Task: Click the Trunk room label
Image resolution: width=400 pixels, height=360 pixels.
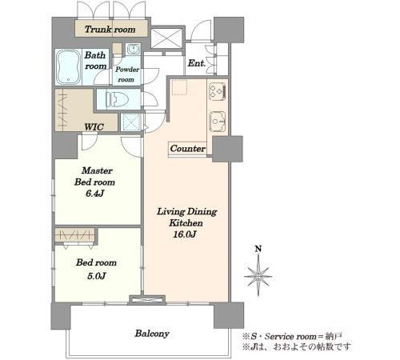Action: coord(110,30)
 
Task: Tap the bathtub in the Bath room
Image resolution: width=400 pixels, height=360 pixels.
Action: coord(69,66)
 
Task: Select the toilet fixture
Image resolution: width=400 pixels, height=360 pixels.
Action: coord(117,100)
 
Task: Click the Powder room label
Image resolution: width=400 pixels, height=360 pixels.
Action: coord(127,74)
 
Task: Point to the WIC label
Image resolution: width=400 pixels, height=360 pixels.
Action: coord(94,127)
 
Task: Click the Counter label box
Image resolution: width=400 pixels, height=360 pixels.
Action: coord(188,149)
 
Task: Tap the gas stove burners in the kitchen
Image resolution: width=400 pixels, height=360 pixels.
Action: coord(218,91)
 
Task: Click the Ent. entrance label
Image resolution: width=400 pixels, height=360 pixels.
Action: coord(197,63)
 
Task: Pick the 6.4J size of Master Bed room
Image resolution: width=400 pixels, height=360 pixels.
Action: coord(94,194)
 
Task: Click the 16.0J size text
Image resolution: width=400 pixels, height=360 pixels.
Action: coord(185,234)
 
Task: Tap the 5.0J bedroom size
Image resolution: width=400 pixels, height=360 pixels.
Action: coord(96,276)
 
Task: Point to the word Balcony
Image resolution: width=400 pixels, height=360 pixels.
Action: coord(152,334)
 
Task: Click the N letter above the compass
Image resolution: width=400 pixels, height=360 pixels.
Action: coord(258,249)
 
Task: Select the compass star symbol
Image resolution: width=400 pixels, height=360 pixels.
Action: coord(258,276)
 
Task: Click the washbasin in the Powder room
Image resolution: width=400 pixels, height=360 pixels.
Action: coord(133,49)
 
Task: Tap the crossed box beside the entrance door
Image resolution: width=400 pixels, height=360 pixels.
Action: coord(166,38)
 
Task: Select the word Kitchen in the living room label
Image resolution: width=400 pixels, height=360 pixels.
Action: coord(186,223)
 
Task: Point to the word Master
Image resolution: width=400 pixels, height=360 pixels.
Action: coord(97,170)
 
